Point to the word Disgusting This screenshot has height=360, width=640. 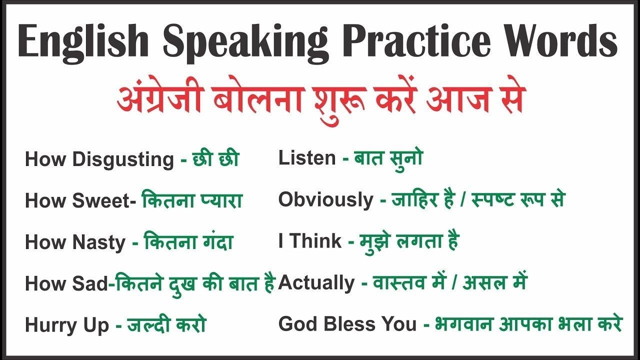[x=123, y=160]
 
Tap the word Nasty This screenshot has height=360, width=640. [x=99, y=242]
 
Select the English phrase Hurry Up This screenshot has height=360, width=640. [x=66, y=325]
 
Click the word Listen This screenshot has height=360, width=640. [x=307, y=158]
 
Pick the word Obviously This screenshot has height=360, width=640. [x=325, y=200]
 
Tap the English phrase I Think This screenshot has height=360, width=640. [x=310, y=241]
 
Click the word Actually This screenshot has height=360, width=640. [x=316, y=283]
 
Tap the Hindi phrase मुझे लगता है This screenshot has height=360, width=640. [x=409, y=241]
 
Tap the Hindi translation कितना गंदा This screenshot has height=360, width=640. [x=188, y=242]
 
